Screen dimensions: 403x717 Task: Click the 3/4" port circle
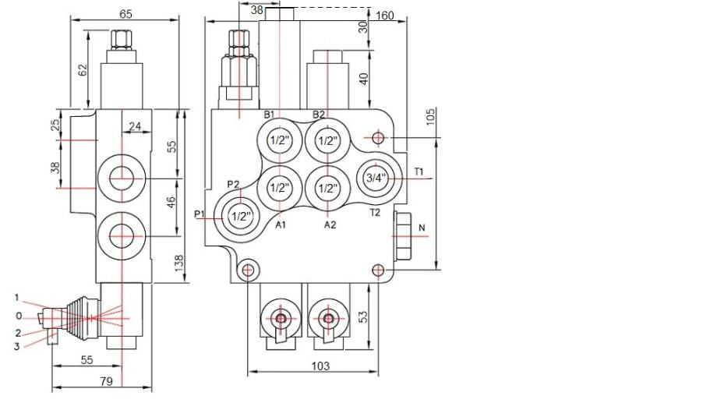coord(376,178)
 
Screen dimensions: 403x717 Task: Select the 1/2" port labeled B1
coord(279,141)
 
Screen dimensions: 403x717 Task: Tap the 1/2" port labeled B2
coord(328,141)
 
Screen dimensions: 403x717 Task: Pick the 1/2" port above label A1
coord(279,188)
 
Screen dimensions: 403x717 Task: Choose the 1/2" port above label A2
coord(328,188)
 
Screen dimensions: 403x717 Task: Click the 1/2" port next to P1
coord(242,217)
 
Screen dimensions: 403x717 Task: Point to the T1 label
coord(419,171)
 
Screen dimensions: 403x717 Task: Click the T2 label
coord(374,212)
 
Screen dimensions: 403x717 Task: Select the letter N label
coord(422,228)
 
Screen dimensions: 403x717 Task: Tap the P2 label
coord(232,184)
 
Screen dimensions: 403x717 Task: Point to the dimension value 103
coord(320,366)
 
